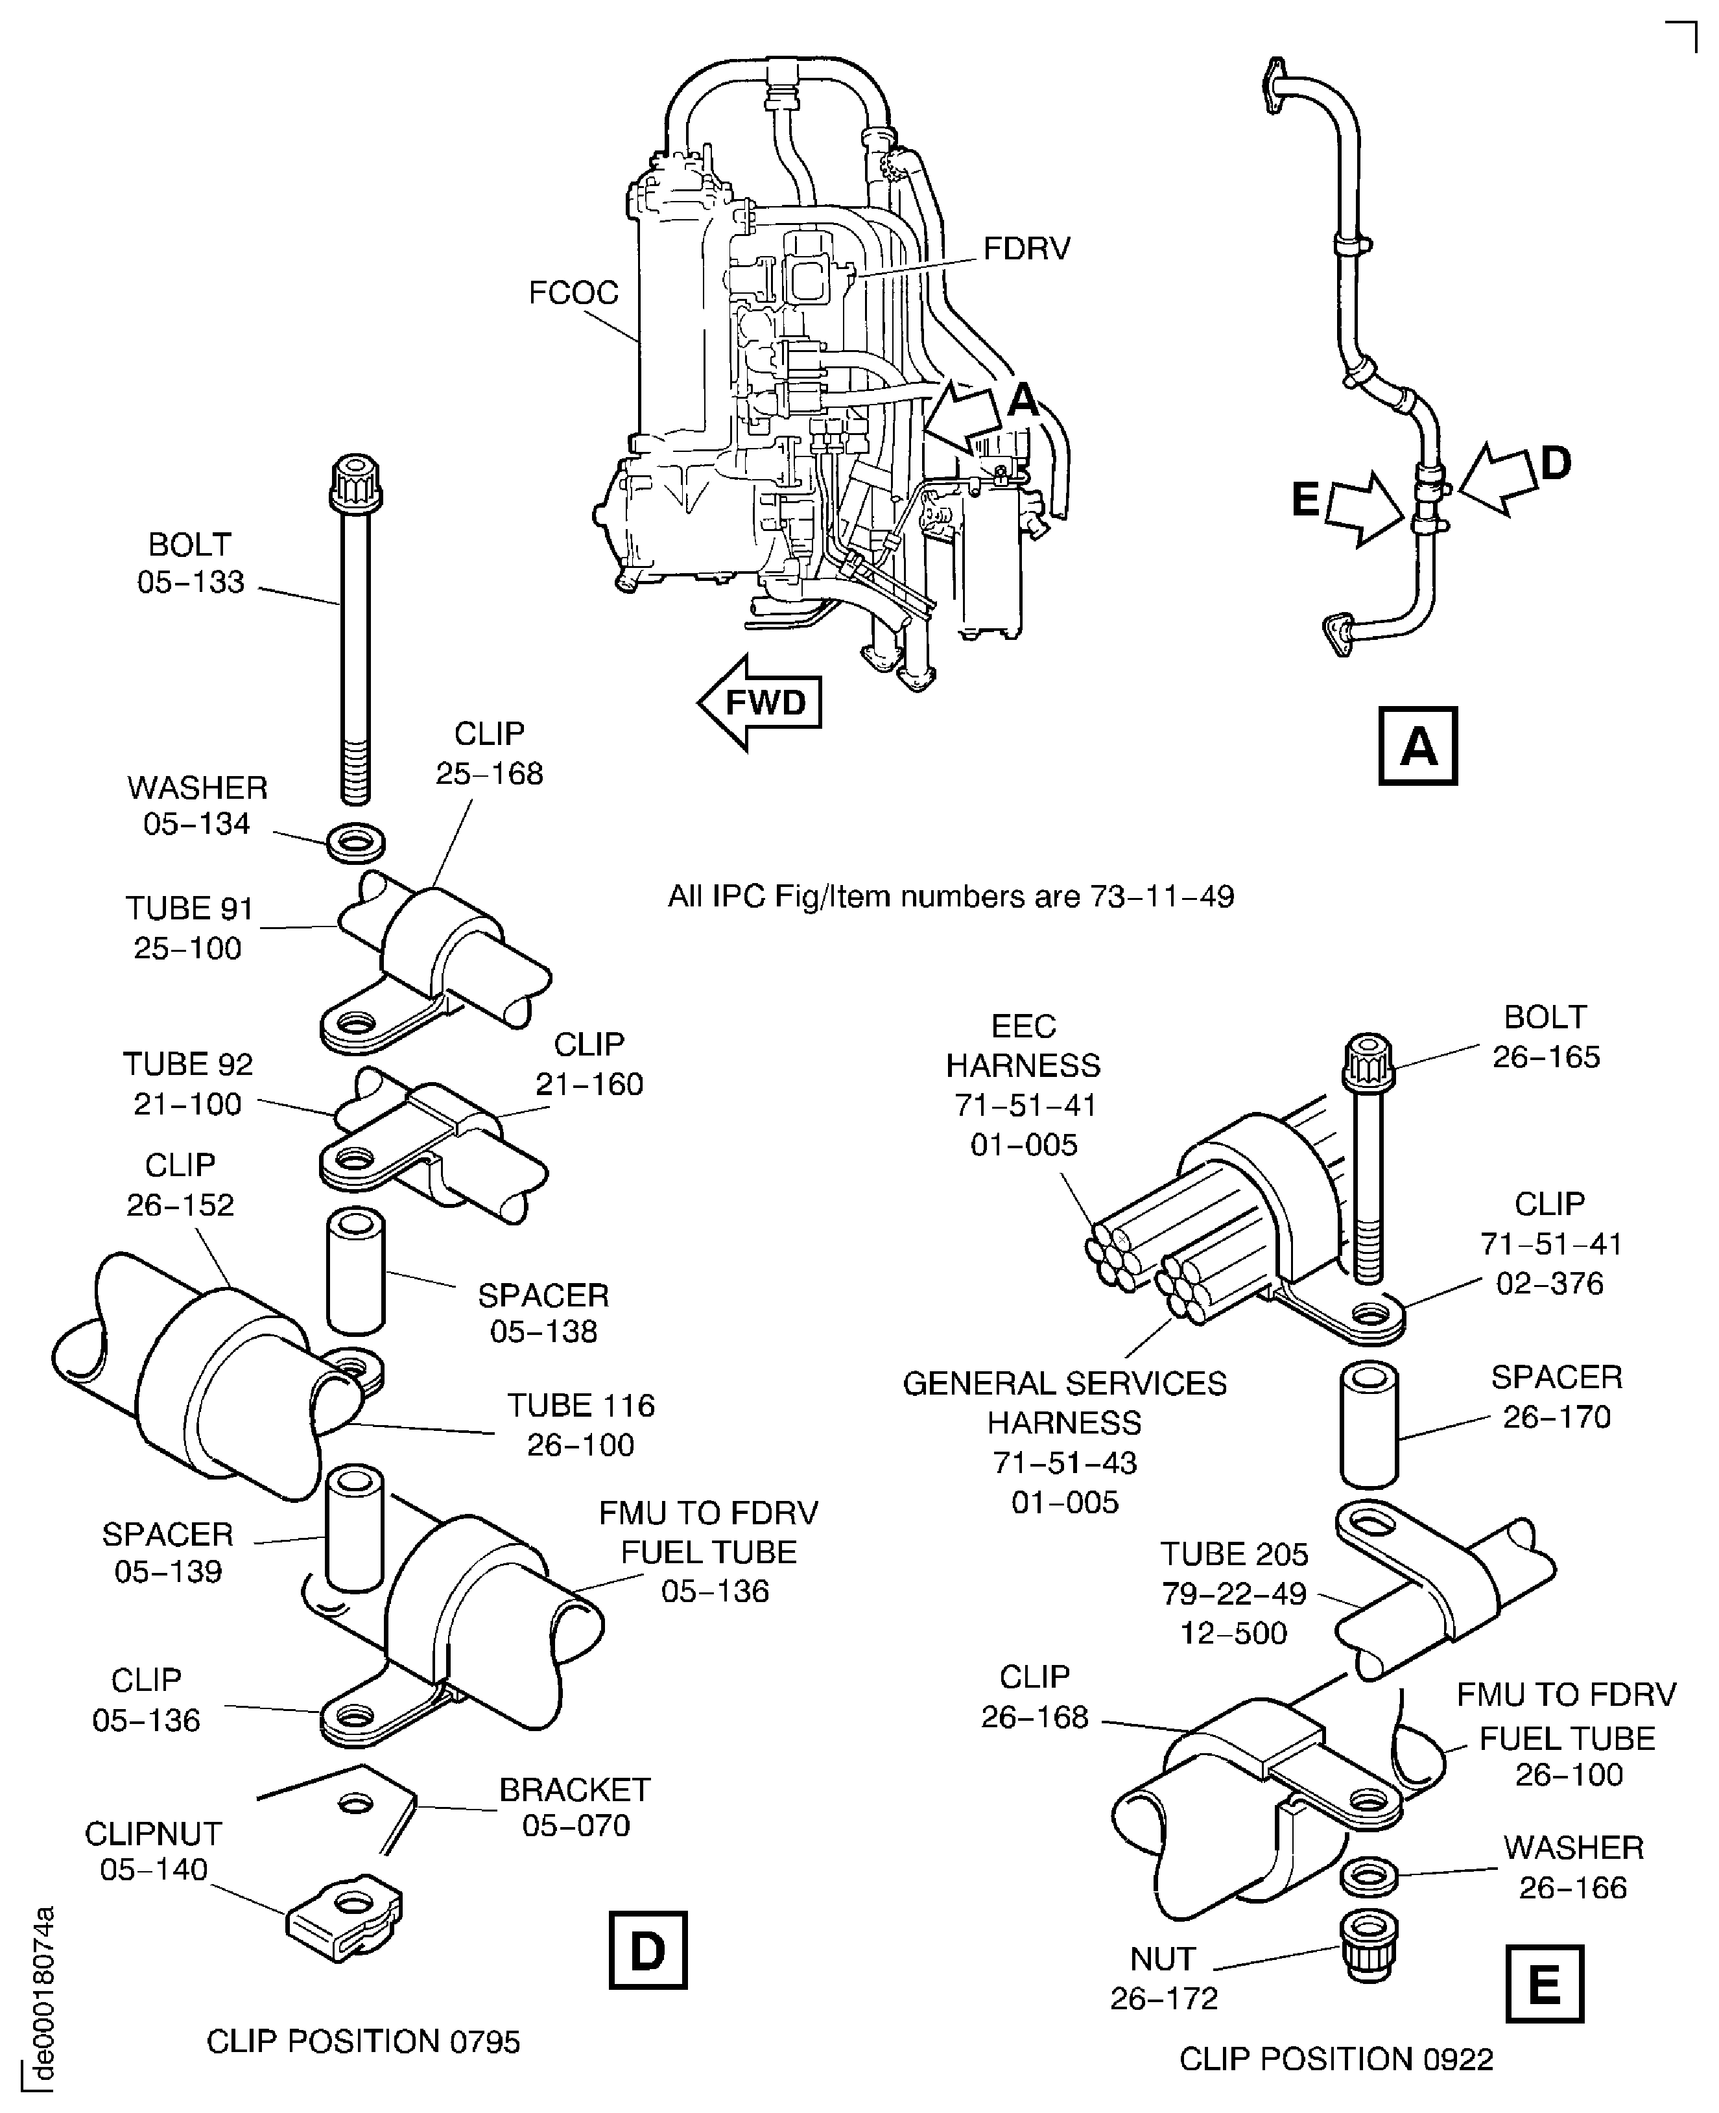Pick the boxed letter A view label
[x=1417, y=746]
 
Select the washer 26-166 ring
[x=1368, y=1874]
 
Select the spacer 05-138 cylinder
[x=355, y=1271]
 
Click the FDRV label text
[x=1026, y=248]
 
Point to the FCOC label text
[x=573, y=293]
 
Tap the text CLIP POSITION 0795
[x=362, y=2041]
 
